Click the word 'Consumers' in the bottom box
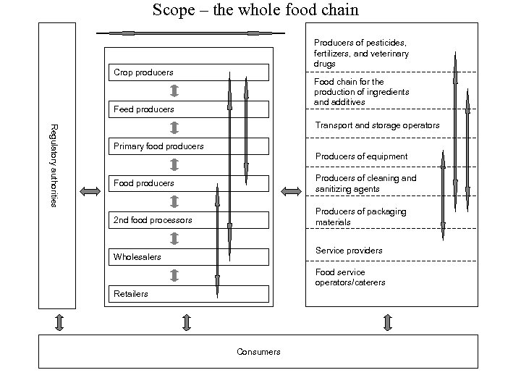tap(258, 352)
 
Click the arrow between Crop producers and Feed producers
tap(174, 91)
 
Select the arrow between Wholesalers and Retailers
tap(174, 275)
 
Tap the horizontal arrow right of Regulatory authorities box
tap(90, 191)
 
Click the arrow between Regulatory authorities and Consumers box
tap(59, 321)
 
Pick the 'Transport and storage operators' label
tap(377, 125)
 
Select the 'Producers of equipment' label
tap(361, 156)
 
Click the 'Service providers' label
tap(349, 251)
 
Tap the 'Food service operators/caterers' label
tap(350, 277)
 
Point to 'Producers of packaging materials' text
tap(360, 216)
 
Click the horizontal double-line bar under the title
tap(190, 33)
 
